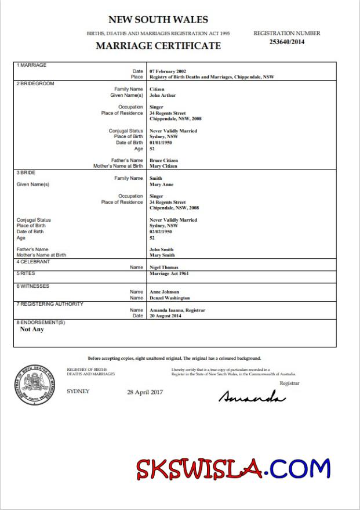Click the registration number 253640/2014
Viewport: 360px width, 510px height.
click(x=286, y=42)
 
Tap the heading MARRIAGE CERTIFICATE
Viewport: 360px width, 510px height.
click(x=158, y=46)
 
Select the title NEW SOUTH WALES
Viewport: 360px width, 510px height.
click(x=158, y=20)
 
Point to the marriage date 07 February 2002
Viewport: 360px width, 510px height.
click(x=168, y=71)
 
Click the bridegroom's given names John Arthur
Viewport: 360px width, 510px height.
click(x=162, y=95)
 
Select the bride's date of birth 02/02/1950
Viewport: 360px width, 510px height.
click(x=161, y=232)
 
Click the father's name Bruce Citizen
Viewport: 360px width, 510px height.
click(x=163, y=160)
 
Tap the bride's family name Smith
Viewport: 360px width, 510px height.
click(x=156, y=178)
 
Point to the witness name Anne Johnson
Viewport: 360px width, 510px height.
click(x=164, y=292)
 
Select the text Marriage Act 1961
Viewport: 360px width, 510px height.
click(x=169, y=273)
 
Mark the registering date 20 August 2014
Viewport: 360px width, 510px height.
click(x=165, y=316)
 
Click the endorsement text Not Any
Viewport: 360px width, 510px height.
click(x=32, y=330)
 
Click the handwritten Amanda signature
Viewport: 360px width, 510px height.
click(x=252, y=397)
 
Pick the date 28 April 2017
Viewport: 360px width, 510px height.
click(x=145, y=392)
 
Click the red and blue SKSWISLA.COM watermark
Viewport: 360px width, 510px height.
click(x=233, y=469)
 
